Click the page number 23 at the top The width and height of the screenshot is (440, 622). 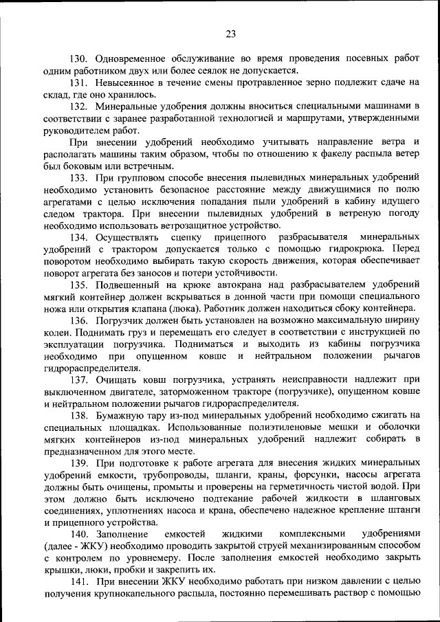click(230, 34)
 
